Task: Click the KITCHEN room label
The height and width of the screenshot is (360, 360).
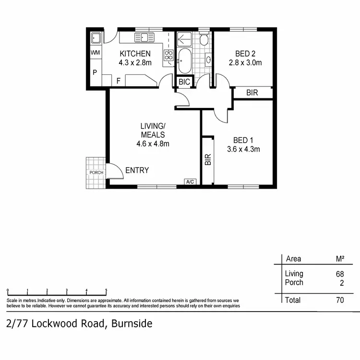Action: (x=135, y=53)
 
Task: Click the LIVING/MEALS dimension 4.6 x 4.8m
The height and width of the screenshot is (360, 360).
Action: (x=153, y=143)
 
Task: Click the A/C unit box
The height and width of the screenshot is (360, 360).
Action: (x=190, y=181)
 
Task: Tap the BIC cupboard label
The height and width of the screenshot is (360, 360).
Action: (x=184, y=82)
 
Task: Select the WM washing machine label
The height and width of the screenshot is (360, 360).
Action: (x=95, y=53)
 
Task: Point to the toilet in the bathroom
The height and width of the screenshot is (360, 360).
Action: (x=204, y=39)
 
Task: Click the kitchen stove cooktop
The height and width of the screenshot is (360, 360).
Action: (x=168, y=57)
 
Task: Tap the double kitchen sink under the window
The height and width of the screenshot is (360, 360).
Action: (x=144, y=37)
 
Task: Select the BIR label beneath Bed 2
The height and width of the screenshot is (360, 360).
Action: (x=252, y=93)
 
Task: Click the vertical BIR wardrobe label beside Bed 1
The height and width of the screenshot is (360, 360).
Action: (x=208, y=159)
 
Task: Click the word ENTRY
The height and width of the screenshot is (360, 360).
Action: (x=137, y=170)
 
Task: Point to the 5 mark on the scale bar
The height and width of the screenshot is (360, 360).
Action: (x=106, y=290)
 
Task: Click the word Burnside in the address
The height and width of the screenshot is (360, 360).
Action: (x=132, y=324)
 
